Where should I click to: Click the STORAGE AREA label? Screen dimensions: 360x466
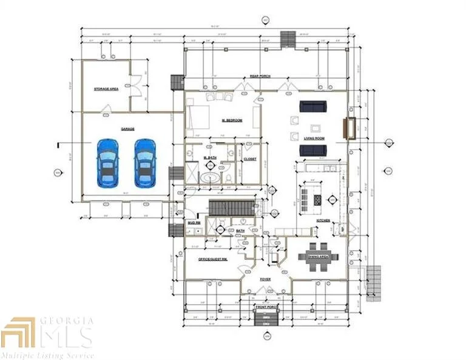point(106,89)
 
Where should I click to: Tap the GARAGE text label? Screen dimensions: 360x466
point(127,129)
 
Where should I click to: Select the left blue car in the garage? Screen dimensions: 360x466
point(107,162)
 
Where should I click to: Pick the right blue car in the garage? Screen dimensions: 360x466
point(144,162)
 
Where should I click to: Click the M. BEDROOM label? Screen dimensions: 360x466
point(232,121)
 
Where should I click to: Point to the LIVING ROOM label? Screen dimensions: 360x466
point(314,138)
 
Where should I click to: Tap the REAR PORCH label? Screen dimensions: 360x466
point(260,76)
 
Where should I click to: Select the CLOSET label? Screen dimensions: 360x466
point(250,159)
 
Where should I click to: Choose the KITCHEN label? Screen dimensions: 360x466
point(323,220)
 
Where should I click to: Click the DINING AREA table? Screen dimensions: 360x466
point(318,251)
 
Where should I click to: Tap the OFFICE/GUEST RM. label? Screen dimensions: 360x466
point(212,259)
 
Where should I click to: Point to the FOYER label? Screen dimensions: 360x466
point(266,280)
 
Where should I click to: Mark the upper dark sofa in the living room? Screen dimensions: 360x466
point(312,107)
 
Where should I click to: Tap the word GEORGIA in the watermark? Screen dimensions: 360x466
point(67,321)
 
